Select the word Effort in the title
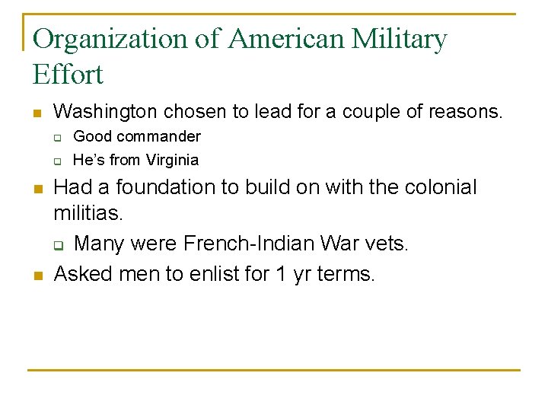(x=68, y=75)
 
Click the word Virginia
(x=168, y=160)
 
